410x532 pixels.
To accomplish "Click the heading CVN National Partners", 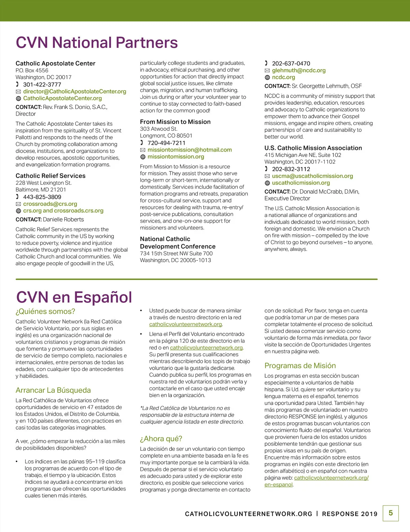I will point(97,43).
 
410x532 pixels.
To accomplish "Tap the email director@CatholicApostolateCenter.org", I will point(74,92).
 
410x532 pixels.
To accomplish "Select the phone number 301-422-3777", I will point(42,84).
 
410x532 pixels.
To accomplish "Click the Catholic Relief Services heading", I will point(51,176).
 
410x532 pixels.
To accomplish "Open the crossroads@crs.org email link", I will point(50,204).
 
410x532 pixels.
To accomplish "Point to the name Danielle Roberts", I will point(63,220).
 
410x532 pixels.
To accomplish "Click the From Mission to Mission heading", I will point(175,122).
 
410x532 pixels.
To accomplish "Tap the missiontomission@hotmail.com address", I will point(190,150).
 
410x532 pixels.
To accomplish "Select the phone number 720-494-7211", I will point(166,143).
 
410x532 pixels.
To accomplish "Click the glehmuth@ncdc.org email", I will point(299,70).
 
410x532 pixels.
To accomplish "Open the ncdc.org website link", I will point(284,77).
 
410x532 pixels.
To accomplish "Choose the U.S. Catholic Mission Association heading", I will point(313,148).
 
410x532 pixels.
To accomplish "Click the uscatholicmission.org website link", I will point(301,183).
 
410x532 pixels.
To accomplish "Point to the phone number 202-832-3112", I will point(291,169).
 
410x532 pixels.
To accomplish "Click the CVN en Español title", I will point(74,297).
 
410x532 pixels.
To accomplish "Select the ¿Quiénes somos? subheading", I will point(45,311).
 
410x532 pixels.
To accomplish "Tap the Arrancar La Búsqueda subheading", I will point(53,390).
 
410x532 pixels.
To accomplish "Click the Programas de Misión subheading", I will point(300,366).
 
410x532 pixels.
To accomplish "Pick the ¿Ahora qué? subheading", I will point(161,439).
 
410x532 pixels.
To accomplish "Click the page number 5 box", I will point(391,513).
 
